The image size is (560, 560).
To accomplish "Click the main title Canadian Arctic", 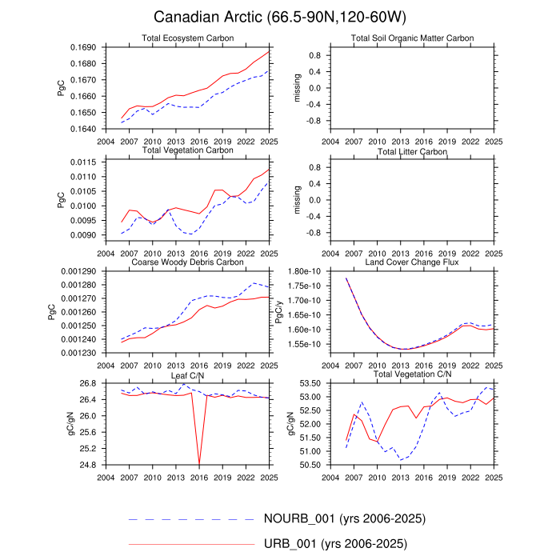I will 280,17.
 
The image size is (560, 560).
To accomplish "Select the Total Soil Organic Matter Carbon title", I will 412,38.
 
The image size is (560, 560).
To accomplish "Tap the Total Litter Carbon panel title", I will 412,151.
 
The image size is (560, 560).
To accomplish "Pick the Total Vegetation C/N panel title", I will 412,374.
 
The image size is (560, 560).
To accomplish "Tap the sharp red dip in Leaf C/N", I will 199,462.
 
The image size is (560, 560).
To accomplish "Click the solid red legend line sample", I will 191,545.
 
